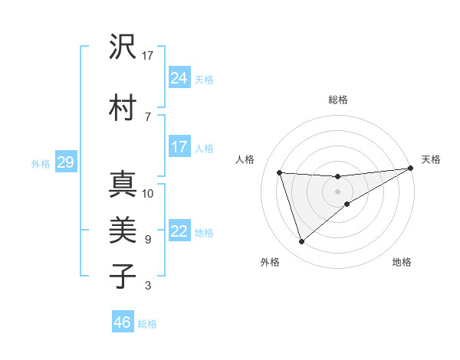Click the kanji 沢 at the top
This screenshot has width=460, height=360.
pyautogui.click(x=123, y=47)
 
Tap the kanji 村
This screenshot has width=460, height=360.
pyautogui.click(x=123, y=108)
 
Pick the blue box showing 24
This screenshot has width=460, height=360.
pyautogui.click(x=179, y=77)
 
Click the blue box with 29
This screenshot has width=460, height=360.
pyautogui.click(x=65, y=162)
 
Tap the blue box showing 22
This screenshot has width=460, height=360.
pyautogui.click(x=179, y=231)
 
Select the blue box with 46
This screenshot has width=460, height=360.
pyautogui.click(x=123, y=322)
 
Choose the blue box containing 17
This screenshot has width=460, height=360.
pyautogui.click(x=179, y=146)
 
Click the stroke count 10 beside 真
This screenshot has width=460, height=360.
pyautogui.click(x=148, y=194)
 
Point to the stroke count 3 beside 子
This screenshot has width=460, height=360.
pyautogui.click(x=148, y=286)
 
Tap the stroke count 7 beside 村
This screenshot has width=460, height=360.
pyautogui.click(x=147, y=116)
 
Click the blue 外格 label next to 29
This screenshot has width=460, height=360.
pyautogui.click(x=41, y=163)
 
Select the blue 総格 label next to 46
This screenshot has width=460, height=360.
pyautogui.click(x=148, y=323)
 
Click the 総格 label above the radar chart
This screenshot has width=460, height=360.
pyautogui.click(x=338, y=100)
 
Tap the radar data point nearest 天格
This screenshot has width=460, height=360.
pyautogui.click(x=410, y=169)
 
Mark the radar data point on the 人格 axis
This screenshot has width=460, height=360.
pyautogui.click(x=280, y=172)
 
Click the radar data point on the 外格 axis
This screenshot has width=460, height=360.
pyautogui.click(x=301, y=242)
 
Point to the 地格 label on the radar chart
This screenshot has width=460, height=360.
pyautogui.click(x=402, y=263)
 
